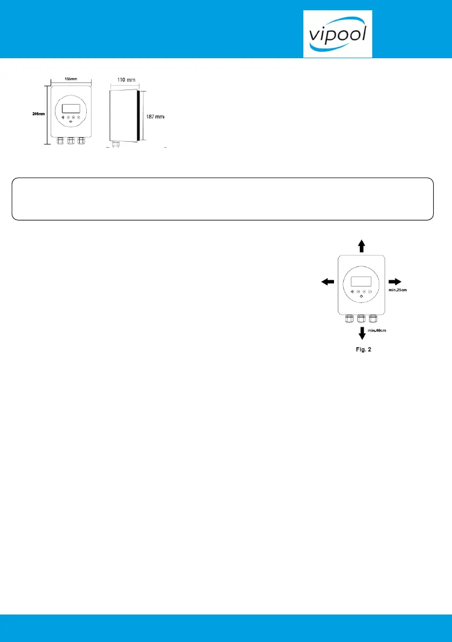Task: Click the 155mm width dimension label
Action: pyautogui.click(x=71, y=79)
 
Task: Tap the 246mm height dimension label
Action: pyautogui.click(x=37, y=114)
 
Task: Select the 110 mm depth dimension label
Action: pyautogui.click(x=123, y=80)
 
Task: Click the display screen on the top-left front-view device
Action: pyautogui.click(x=71, y=108)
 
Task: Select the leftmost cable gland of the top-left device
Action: pyautogui.click(x=60, y=141)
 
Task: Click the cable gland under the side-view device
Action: pyautogui.click(x=114, y=144)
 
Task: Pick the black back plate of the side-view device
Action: pyautogui.click(x=139, y=115)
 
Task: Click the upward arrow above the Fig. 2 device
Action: pyautogui.click(x=361, y=246)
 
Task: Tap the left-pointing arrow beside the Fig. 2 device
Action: pyautogui.click(x=327, y=281)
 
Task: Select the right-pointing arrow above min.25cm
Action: pyautogui.click(x=395, y=281)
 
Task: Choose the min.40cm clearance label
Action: pyautogui.click(x=377, y=331)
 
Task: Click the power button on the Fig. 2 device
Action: pyautogui.click(x=361, y=298)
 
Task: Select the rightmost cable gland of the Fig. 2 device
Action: pyautogui.click(x=373, y=318)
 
